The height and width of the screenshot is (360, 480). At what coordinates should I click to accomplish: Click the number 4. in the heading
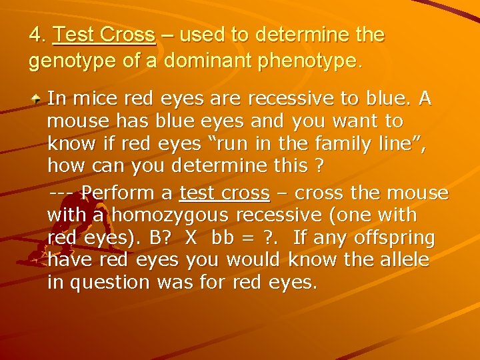37,35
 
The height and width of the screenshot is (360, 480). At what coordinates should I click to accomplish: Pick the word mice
93,99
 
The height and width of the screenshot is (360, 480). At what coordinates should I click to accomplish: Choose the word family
331,144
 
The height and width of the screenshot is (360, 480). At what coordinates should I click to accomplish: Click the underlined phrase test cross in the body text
225,193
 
